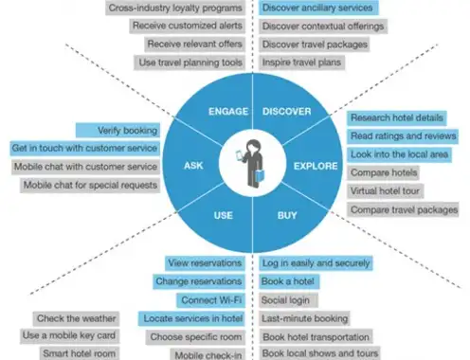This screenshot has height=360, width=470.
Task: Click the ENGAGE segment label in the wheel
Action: (228, 112)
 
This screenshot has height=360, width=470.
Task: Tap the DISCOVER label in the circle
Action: (287, 112)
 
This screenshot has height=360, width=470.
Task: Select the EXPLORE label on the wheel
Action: (316, 166)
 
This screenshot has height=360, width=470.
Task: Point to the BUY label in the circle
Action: (287, 215)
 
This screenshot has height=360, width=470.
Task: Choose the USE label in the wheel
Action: (224, 215)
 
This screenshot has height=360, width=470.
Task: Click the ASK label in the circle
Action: (193, 166)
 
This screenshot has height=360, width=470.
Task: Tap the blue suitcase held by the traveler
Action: (260, 175)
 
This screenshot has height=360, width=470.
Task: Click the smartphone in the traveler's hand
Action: (240, 155)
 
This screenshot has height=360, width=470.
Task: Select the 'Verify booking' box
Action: (117, 130)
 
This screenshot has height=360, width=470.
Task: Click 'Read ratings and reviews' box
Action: (403, 136)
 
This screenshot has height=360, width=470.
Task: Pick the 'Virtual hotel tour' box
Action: (385, 191)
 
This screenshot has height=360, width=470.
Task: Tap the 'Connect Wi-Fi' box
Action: (211, 300)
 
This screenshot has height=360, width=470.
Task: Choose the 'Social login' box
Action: (288, 300)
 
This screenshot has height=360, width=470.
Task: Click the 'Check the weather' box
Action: (76, 318)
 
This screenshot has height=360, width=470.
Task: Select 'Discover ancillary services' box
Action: (318, 8)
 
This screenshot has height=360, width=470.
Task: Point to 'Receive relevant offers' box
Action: (195, 44)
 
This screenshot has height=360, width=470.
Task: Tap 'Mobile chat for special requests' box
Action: (90, 185)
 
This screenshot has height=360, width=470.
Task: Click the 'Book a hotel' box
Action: (289, 281)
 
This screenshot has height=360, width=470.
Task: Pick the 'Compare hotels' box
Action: (383, 172)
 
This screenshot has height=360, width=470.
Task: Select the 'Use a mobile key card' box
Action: (69, 335)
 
